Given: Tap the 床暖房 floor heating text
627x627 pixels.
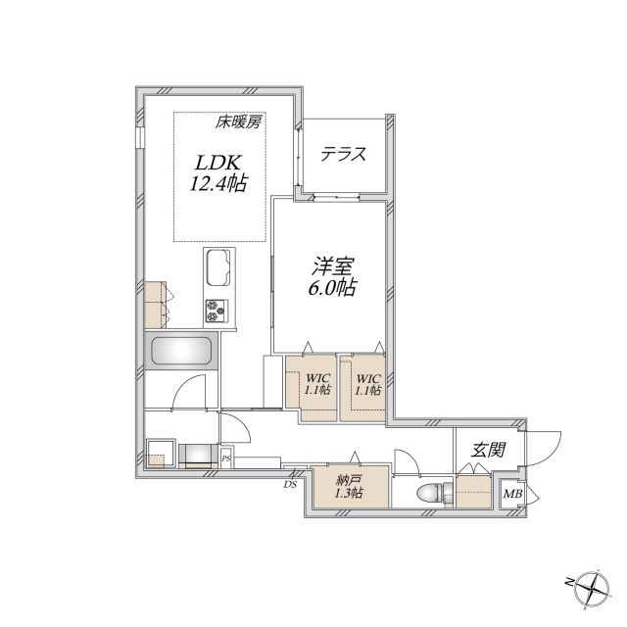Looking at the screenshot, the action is [x=238, y=121].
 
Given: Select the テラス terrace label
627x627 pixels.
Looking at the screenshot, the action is [x=344, y=154].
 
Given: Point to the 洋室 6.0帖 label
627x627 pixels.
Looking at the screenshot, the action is [x=332, y=276].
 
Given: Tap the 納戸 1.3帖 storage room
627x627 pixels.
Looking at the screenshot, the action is [x=350, y=486].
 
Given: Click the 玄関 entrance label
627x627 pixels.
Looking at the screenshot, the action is [x=488, y=450].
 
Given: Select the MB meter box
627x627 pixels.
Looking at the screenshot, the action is [x=512, y=494].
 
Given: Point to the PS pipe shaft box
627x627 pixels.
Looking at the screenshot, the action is [x=226, y=458].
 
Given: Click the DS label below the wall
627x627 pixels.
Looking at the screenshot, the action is [x=290, y=485].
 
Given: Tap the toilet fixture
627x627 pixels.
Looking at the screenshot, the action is [x=434, y=492].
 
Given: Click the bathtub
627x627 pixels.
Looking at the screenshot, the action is [x=181, y=351].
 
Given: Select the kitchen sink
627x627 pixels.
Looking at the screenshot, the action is [x=218, y=267].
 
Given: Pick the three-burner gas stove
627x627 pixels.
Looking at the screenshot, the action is [x=217, y=311].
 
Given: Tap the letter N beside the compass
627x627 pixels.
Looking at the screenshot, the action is [x=568, y=582].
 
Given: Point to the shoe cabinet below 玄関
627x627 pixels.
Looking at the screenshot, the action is [x=474, y=491].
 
